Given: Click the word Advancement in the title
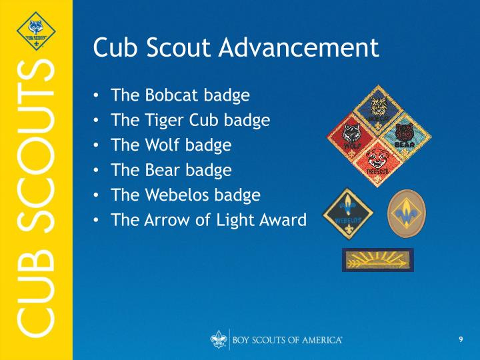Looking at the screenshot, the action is (x=299, y=47).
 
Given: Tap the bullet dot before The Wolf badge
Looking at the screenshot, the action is (x=97, y=145).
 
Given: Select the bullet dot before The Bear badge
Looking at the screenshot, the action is (x=97, y=170).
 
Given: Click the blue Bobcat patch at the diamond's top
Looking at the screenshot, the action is (x=379, y=109).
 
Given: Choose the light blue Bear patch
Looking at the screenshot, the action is (x=406, y=136).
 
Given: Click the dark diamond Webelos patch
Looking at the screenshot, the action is (x=348, y=214).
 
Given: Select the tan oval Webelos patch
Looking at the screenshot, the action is (x=407, y=213).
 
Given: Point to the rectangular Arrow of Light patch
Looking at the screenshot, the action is (x=378, y=260).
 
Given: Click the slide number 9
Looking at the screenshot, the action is (x=461, y=339).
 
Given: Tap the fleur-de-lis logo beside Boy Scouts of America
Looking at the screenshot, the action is (x=219, y=339).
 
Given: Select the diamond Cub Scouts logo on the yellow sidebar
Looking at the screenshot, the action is (x=36, y=31).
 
